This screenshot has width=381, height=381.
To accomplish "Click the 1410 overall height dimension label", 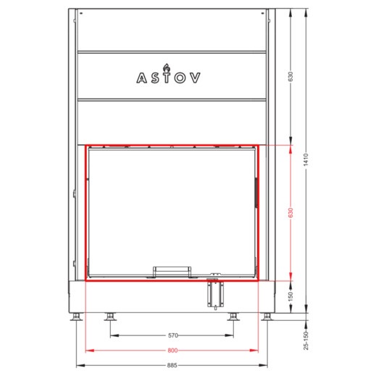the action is pyautogui.click(x=306, y=159).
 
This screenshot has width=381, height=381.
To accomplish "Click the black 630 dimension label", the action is pyautogui.click(x=290, y=76).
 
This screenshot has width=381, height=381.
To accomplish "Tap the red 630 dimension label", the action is pyautogui.click(x=290, y=213).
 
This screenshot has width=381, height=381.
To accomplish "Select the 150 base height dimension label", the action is pyautogui.click(x=290, y=297).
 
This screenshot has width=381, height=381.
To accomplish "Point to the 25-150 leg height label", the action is pyautogui.click(x=306, y=340).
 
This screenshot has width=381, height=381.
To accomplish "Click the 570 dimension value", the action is pyautogui.click(x=173, y=335).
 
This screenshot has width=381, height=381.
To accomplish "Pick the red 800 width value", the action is pyautogui.click(x=172, y=351).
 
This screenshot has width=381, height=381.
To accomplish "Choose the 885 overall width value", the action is pyautogui.click(x=172, y=365).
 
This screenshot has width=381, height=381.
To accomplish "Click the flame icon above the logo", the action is pyautogui.click(x=167, y=67).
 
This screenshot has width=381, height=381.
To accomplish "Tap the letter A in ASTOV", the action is pyautogui.click(x=141, y=78).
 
